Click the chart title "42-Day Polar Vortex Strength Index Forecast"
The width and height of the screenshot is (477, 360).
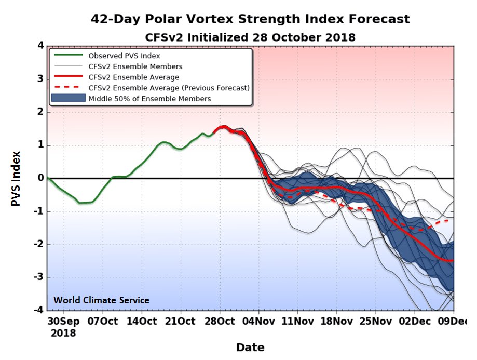pyautogui.click(x=250, y=19)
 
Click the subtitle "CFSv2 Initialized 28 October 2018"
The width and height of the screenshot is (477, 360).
pyautogui.click(x=250, y=37)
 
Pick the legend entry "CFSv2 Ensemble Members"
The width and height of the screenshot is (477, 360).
pyautogui.click(x=135, y=66)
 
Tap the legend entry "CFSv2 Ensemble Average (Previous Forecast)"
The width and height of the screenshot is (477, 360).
pyautogui.click(x=169, y=88)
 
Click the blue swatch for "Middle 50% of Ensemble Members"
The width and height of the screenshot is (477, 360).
pyautogui.click(x=67, y=99)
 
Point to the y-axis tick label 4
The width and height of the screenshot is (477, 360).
pyautogui.click(x=40, y=45)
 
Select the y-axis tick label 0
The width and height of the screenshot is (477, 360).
pyautogui.click(x=40, y=178)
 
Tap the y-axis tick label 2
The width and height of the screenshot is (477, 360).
pyautogui.click(x=40, y=112)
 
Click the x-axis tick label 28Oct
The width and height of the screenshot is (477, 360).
pyautogui.click(x=219, y=321)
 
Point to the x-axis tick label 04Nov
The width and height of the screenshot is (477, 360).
pyautogui.click(x=258, y=321)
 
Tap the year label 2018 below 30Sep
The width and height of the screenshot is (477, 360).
pyautogui.click(x=63, y=333)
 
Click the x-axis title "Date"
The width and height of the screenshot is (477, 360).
pyautogui.click(x=250, y=348)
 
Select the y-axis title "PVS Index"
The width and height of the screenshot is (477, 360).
pyautogui.click(x=17, y=178)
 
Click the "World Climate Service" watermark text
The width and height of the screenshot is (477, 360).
pyautogui.click(x=101, y=300)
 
